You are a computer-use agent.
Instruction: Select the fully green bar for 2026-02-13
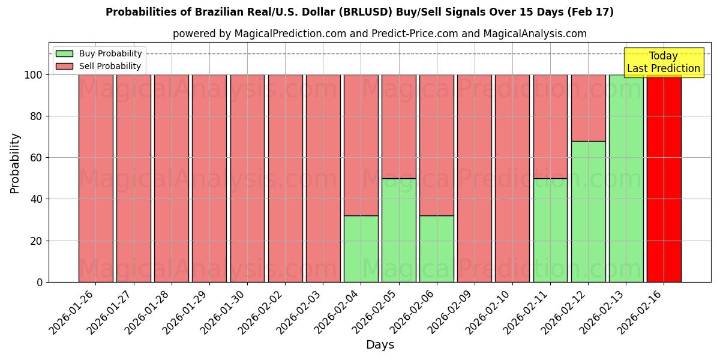pos(626,178)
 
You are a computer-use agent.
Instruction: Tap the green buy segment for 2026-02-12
pos(588,211)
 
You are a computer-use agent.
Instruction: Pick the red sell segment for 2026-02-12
pos(588,108)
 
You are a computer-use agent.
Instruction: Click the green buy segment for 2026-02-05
pos(398,230)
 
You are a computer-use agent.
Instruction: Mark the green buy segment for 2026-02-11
pos(550,230)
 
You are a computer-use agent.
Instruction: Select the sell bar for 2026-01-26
pos(95,178)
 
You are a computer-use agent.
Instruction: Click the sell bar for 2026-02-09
pos(474,178)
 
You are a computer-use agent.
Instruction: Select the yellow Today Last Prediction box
pos(664,62)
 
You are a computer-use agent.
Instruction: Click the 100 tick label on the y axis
pos(34,75)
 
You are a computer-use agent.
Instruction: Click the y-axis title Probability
pos(15,163)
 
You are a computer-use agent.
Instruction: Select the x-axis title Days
pos(380,345)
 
